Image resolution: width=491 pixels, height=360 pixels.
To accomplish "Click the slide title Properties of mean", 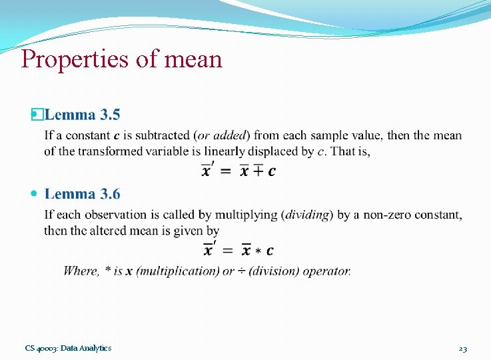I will point(121,59).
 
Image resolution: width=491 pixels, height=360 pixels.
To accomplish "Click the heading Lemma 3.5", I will point(83,115).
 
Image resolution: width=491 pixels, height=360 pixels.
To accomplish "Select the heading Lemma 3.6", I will point(83,194).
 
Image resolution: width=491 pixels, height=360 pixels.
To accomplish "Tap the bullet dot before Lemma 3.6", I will point(35,194).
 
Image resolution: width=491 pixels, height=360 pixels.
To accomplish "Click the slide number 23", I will point(462,348).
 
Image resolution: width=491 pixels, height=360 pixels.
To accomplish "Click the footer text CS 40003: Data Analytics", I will point(68,348).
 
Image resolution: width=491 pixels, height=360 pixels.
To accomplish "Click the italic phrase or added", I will point(224,136).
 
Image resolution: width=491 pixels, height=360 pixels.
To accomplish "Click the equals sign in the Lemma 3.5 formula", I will point(226,172).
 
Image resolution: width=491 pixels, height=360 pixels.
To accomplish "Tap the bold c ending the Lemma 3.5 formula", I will point(271,172).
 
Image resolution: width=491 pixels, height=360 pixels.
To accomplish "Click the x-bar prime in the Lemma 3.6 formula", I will point(209,250).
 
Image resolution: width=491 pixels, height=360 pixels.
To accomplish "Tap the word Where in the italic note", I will point(81,271).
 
